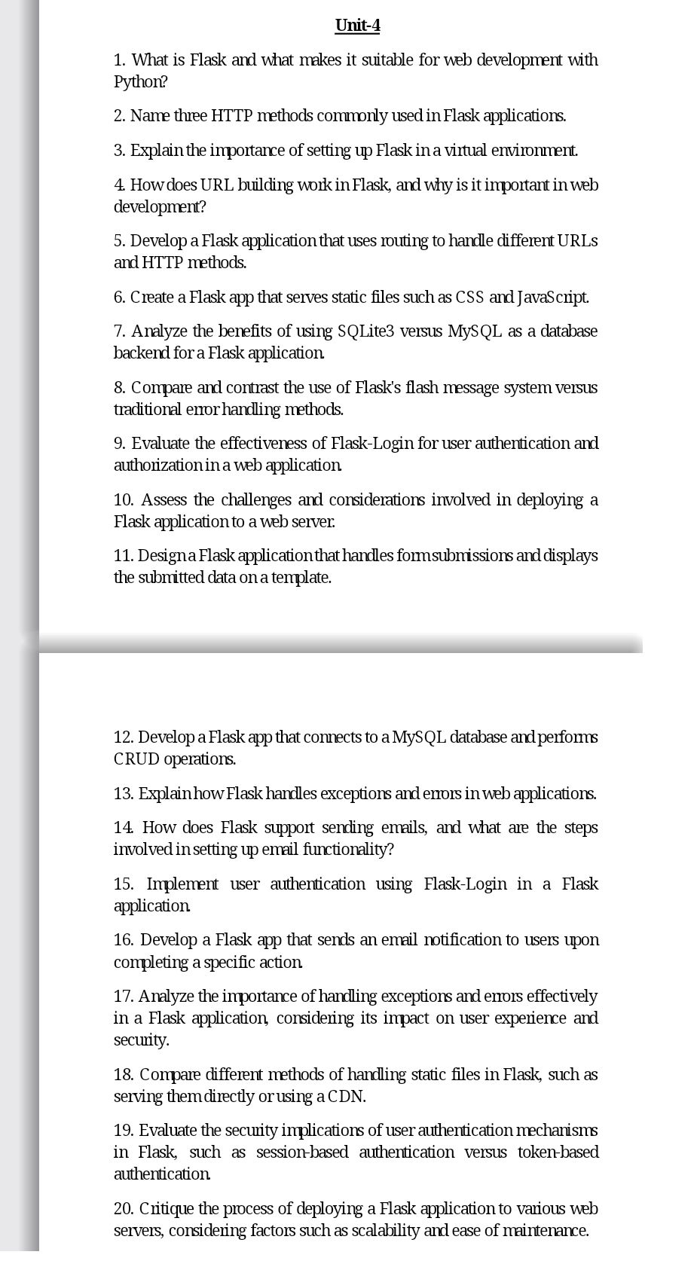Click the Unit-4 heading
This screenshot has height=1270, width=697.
coord(357,26)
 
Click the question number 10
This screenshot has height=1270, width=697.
coord(125,499)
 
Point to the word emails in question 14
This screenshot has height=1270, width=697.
coord(411,827)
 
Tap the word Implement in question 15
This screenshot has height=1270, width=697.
coord(182,884)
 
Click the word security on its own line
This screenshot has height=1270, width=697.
coord(141,1040)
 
